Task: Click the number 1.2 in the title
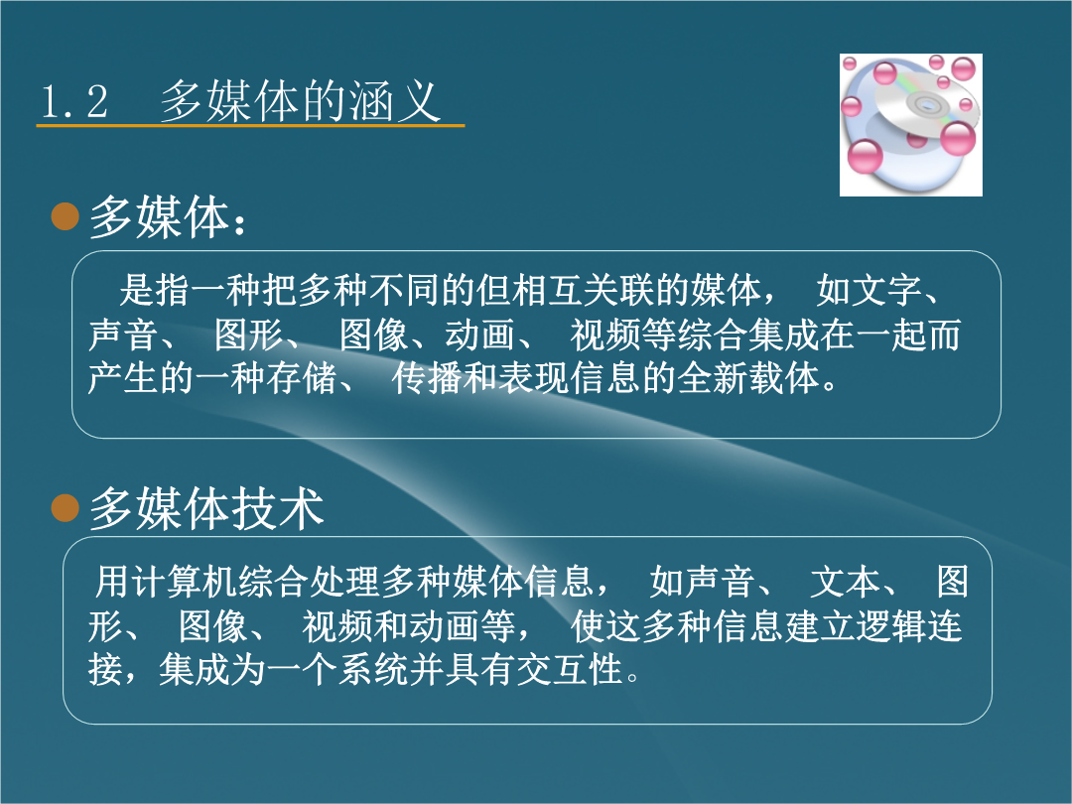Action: point(73,102)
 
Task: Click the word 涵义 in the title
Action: point(394,101)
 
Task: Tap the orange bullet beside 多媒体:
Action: point(65,216)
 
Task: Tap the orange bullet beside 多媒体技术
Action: point(65,508)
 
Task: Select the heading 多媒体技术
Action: point(205,508)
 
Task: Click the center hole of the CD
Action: point(926,104)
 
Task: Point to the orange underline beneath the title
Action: point(250,126)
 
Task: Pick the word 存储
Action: point(302,378)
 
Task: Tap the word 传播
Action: point(427,378)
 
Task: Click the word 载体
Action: point(784,378)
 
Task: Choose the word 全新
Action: point(713,378)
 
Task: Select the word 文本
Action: point(845,582)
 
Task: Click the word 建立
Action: point(820,626)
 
